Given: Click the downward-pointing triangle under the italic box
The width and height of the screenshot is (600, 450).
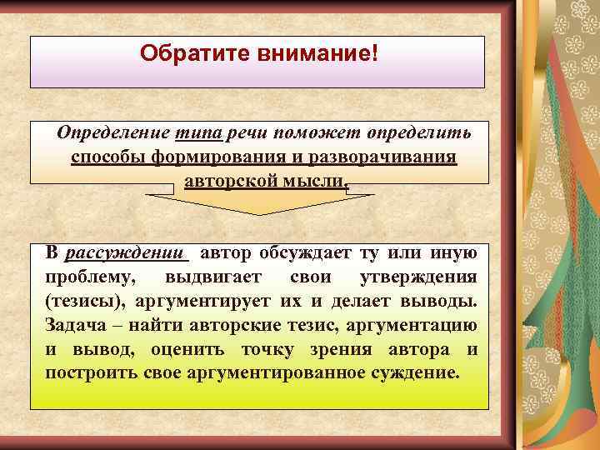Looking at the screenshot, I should (260, 203).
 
